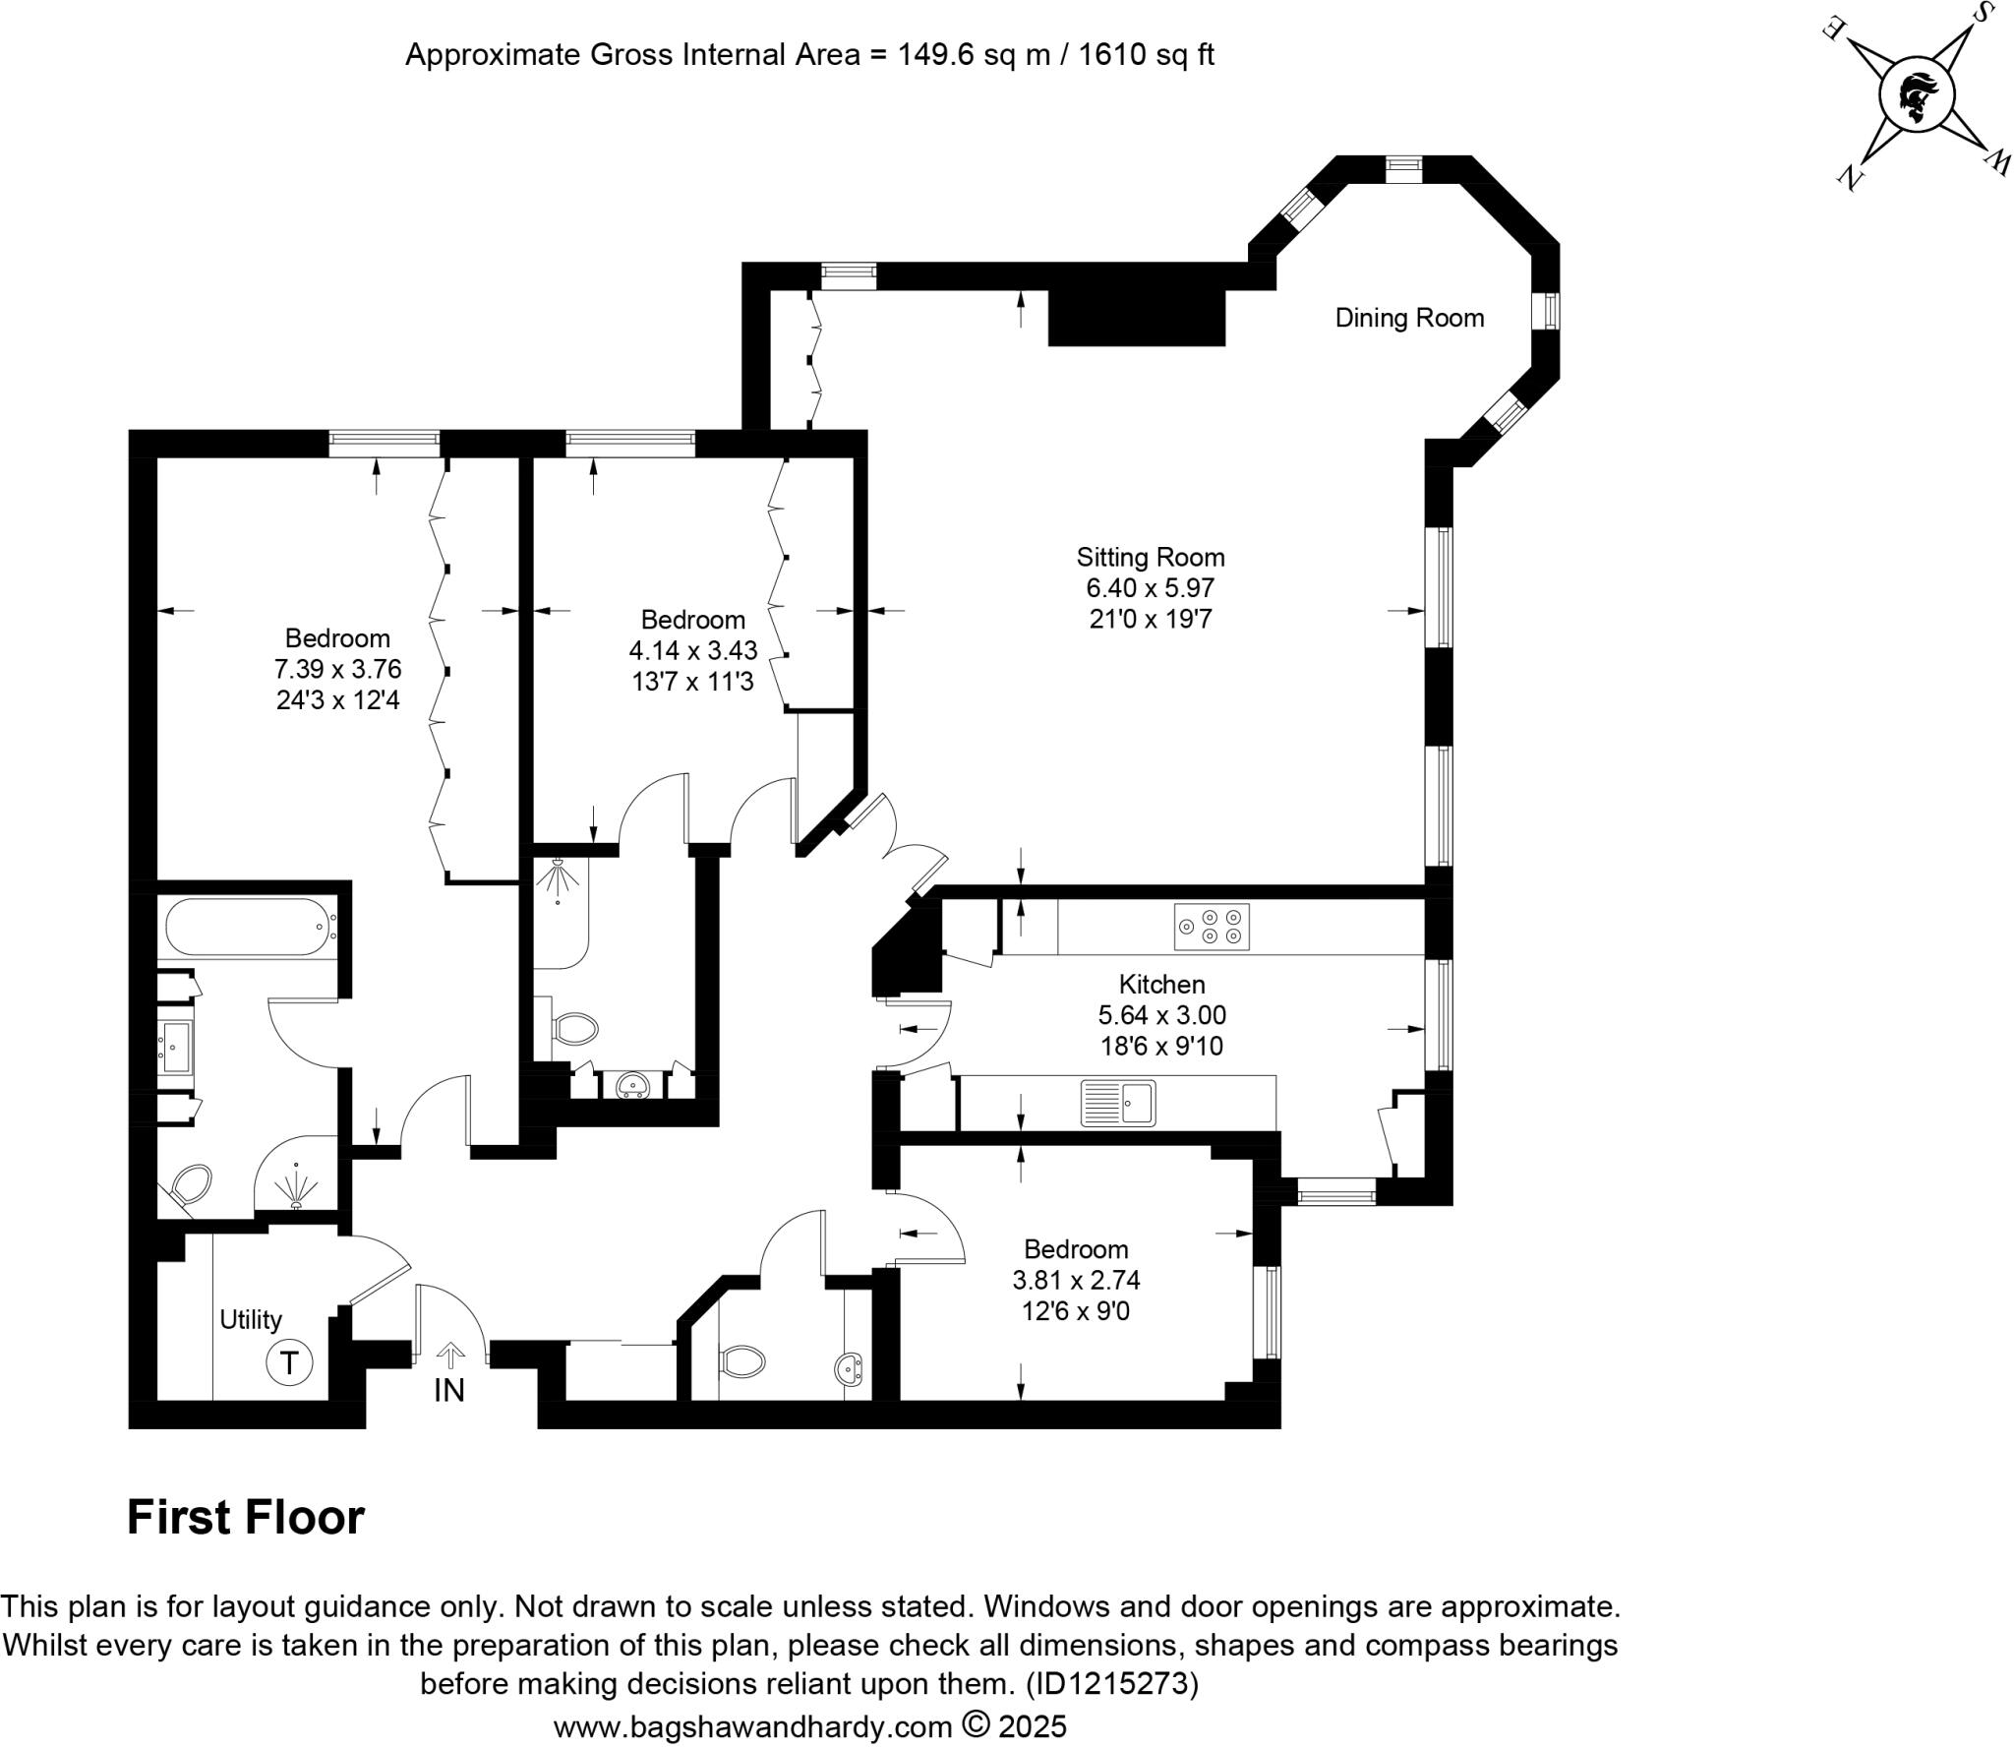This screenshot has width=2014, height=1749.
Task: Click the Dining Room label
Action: (1408, 318)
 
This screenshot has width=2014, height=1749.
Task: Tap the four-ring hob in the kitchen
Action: (1211, 927)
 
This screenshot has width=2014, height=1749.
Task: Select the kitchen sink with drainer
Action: (1118, 1103)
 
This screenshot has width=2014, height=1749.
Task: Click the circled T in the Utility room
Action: (289, 1363)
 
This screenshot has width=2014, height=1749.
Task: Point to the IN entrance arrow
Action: (450, 1357)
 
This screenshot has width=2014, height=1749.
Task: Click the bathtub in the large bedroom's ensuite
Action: (251, 926)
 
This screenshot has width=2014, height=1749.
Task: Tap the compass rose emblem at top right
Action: (1916, 96)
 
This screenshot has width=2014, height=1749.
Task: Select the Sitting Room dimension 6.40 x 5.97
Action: (1150, 588)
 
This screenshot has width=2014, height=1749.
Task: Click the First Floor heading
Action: (245, 1517)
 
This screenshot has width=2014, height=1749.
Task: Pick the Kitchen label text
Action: (1161, 984)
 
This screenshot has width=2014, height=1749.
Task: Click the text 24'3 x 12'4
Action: (337, 700)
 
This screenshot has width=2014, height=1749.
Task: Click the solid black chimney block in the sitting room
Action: (1137, 317)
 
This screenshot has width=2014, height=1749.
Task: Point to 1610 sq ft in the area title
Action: (1146, 54)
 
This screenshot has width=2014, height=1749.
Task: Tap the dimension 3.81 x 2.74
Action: (1076, 1280)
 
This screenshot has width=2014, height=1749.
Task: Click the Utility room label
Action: (251, 1319)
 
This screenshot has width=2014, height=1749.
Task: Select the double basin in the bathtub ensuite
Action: (177, 1048)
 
